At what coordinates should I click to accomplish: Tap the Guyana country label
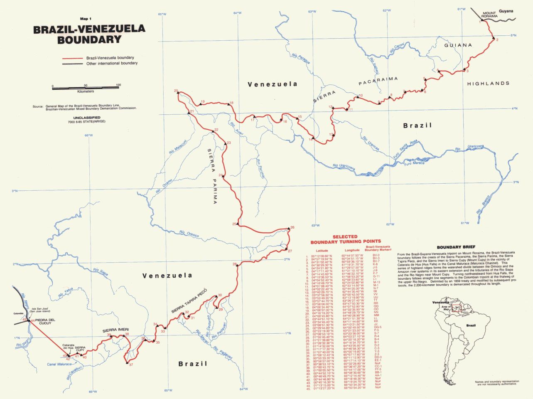[506, 11]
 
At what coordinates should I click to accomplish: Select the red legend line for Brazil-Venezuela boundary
[73, 58]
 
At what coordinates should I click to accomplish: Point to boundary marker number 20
[178, 93]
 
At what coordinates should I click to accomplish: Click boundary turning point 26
[289, 228]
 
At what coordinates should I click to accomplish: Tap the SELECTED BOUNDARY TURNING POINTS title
[345, 239]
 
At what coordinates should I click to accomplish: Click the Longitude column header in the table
[349, 251]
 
